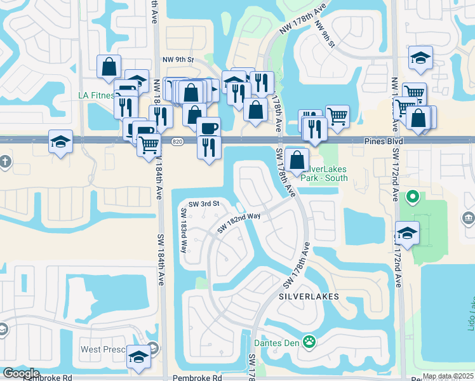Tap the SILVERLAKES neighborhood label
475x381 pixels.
tap(307, 297)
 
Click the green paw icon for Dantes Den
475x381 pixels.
tap(309, 342)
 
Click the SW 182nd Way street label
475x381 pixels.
tap(239, 222)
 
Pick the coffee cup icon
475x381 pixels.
tap(208, 128)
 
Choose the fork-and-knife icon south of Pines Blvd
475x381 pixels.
tap(209, 147)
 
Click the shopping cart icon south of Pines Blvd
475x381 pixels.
tap(149, 144)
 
